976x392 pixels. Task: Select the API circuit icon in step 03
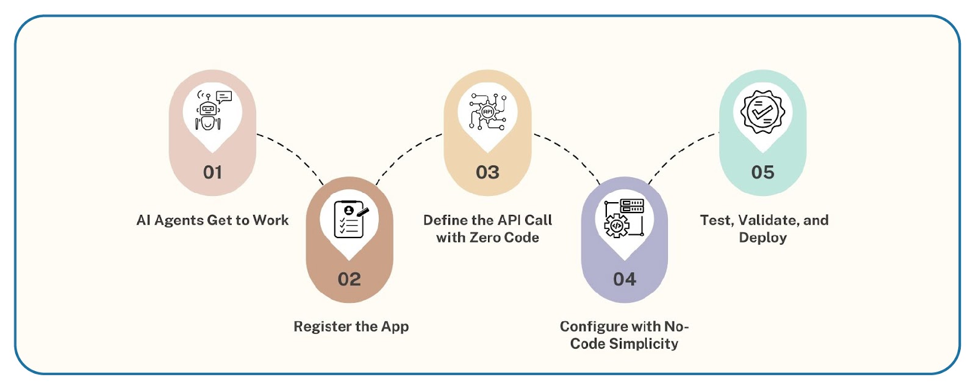click(488, 112)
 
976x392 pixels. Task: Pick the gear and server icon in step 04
click(624, 218)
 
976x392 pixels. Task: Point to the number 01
click(213, 172)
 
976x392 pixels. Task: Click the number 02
click(350, 279)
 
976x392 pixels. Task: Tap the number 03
click(487, 172)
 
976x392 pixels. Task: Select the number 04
click(625, 279)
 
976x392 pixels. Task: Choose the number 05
click(763, 172)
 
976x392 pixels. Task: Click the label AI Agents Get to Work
click(213, 220)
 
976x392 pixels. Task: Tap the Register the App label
click(351, 327)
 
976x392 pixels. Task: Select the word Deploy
click(763, 238)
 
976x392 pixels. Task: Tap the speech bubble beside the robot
click(224, 96)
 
